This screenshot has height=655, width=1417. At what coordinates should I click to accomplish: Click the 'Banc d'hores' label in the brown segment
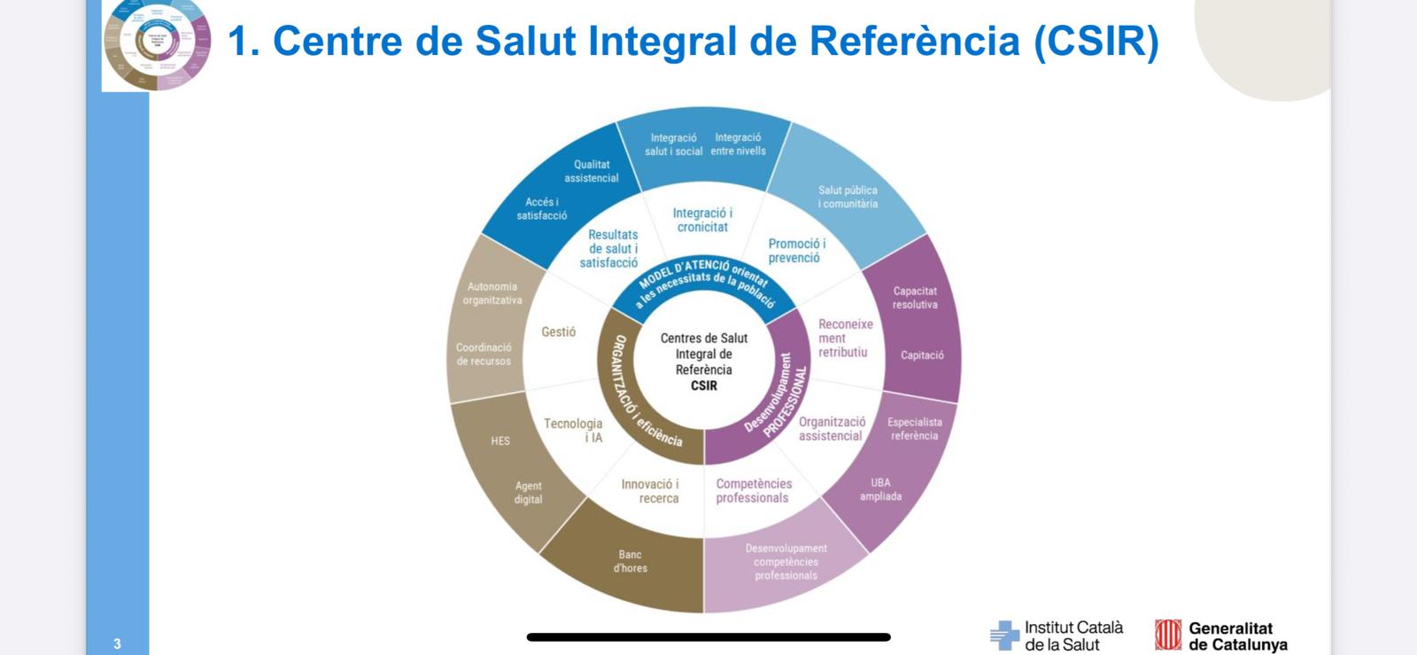coord(630,561)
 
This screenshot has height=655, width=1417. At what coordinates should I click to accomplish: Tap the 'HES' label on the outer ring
coord(500,441)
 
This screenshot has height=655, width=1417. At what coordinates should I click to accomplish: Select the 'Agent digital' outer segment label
coord(528,493)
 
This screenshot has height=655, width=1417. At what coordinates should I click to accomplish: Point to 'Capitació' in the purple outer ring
coord(922,355)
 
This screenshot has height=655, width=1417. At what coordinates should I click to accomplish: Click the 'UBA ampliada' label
coord(880,490)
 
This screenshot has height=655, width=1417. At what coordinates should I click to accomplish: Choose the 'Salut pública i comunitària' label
coord(848,197)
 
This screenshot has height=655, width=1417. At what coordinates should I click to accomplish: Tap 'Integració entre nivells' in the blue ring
coord(738,144)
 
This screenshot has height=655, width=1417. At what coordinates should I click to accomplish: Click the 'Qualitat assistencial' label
coord(592,171)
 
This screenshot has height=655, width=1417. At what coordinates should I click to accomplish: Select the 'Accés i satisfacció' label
coord(542,208)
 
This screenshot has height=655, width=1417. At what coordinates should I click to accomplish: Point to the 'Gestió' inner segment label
coord(558,331)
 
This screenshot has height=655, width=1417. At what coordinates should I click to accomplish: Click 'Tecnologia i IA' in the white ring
coord(573,431)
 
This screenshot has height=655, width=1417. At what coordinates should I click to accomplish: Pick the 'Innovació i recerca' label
coord(650,491)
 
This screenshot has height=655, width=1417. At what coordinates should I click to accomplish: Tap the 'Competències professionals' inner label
coord(754,491)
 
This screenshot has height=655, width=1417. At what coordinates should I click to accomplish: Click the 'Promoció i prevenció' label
coord(796,251)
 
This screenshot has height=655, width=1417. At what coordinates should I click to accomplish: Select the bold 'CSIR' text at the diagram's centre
coord(704,386)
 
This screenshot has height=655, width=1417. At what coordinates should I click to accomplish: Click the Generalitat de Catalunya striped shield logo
coord(1168,635)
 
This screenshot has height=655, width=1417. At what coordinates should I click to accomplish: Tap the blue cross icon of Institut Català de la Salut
coord(1004,635)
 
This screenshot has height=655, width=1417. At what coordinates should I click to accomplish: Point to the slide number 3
coord(117,643)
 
